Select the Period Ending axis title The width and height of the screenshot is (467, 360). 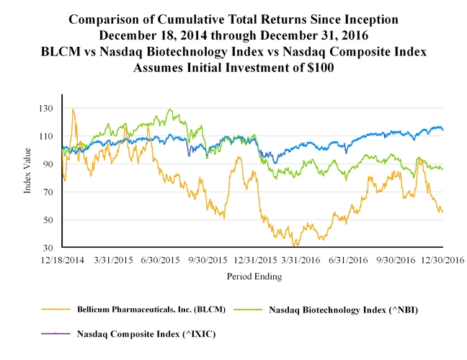pyautogui.click(x=254, y=276)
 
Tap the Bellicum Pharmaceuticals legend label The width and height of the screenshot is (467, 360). pyautogui.click(x=151, y=309)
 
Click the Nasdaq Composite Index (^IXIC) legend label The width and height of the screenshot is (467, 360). pyautogui.click(x=146, y=333)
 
